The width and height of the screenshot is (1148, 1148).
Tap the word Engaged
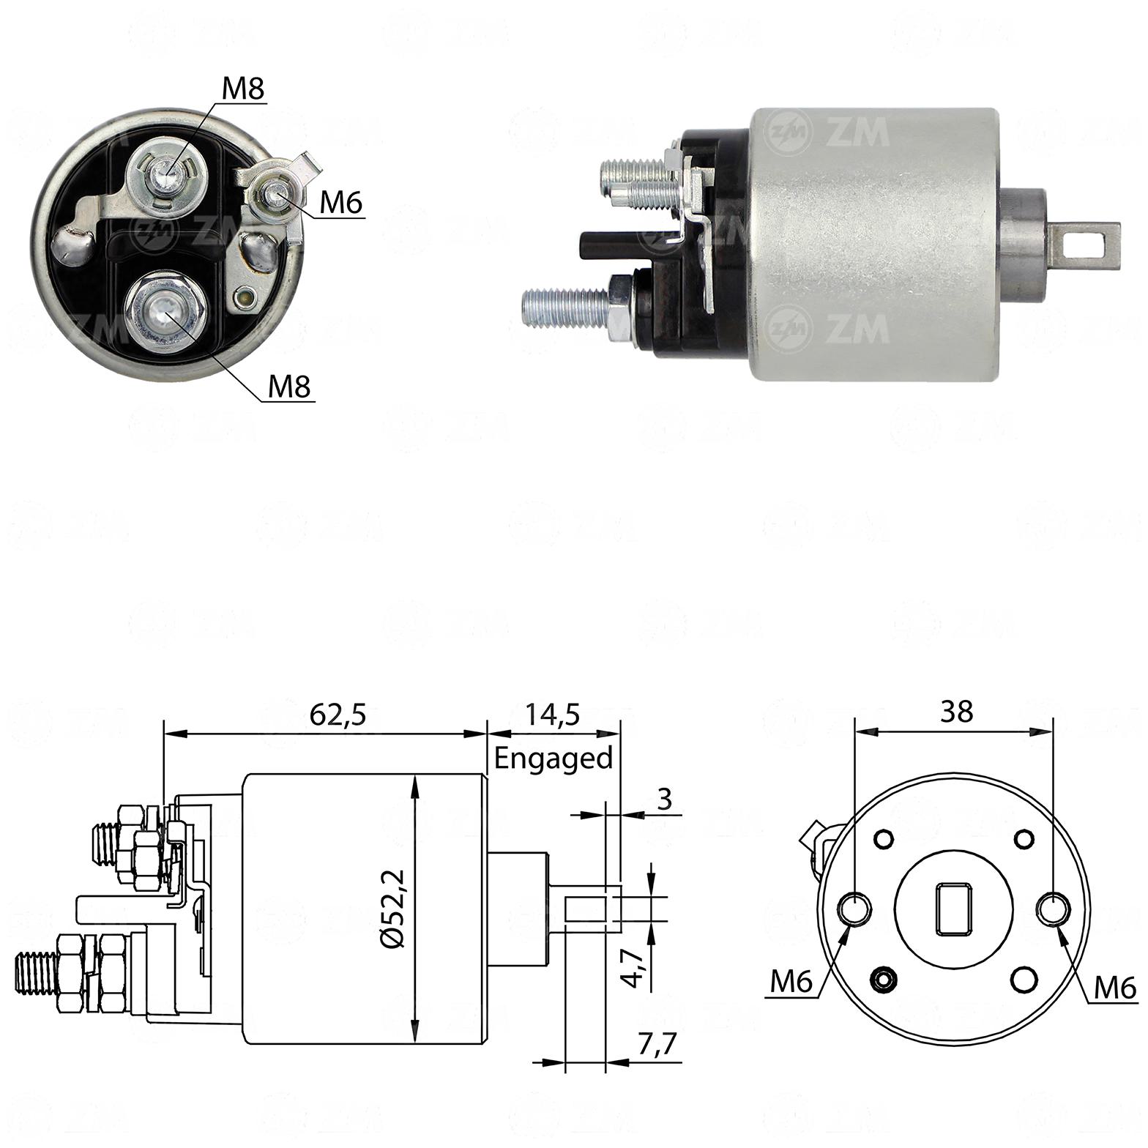click(x=553, y=758)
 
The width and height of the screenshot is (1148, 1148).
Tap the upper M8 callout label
click(x=242, y=89)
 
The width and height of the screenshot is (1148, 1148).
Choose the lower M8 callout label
click(x=290, y=385)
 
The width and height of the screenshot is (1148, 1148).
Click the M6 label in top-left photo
click(x=341, y=203)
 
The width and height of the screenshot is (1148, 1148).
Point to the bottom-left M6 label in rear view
click(x=791, y=983)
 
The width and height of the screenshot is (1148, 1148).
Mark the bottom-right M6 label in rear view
click(x=1115, y=988)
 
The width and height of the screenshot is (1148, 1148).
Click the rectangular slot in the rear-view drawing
click(x=953, y=909)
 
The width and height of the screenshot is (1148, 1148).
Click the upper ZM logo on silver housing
click(x=827, y=132)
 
